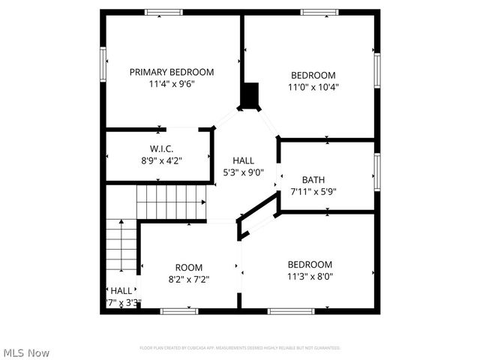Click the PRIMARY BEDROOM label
coord(171,72)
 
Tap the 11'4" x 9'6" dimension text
coord(171,85)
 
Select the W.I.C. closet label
coord(161,148)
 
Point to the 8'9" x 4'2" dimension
coord(161,160)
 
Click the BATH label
coord(313,179)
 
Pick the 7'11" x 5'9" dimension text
coord(313,191)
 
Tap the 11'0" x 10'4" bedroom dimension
coord(313,87)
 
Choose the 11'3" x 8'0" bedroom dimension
coord(310,276)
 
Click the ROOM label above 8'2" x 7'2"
coord(189,268)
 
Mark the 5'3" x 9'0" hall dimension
coord(243,172)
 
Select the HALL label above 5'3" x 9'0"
coord(243,160)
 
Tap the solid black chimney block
coord(250,96)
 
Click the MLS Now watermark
coord(27,352)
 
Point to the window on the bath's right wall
coord(377,172)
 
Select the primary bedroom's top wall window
coord(164,11)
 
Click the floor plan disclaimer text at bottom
coord(240,348)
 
